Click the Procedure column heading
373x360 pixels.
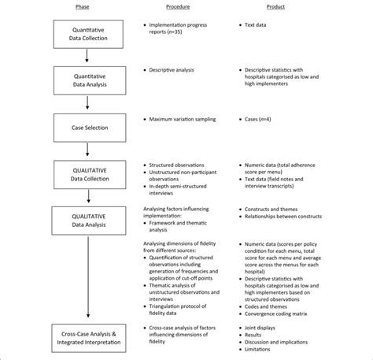(177, 8)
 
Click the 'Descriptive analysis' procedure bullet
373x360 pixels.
(179, 70)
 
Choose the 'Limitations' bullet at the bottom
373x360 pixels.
(264, 352)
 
